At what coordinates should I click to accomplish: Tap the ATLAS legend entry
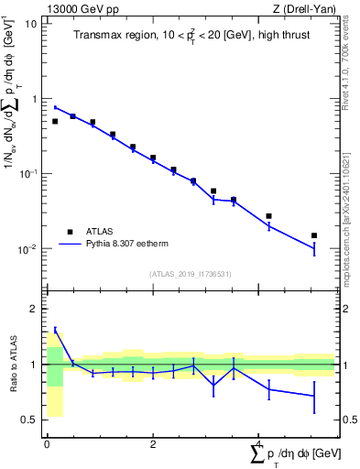pos(98,232)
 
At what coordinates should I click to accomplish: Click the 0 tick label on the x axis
pos(46,444)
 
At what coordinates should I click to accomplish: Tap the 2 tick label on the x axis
pos(152,444)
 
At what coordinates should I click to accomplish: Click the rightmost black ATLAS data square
pos(314,235)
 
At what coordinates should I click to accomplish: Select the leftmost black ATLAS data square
pos(55,121)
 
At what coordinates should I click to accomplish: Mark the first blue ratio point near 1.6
pos(55,331)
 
